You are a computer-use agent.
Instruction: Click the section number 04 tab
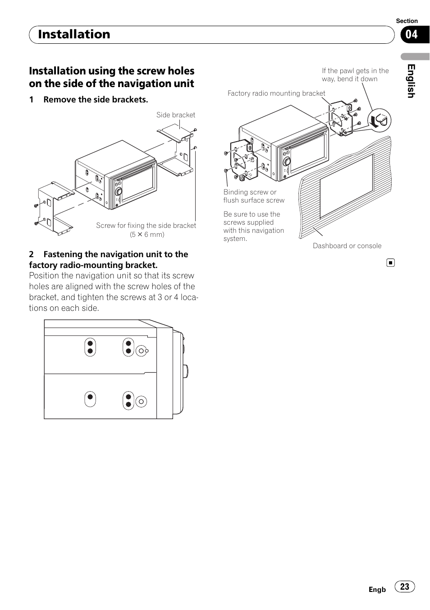[412, 34]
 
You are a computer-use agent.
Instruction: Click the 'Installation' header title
[74, 34]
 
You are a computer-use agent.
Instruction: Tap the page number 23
[405, 586]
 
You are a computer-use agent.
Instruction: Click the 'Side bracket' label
[176, 115]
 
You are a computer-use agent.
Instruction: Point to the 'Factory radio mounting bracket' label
[276, 93]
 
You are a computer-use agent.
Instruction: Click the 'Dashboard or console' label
[347, 246]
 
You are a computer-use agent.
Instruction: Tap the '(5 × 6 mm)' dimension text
[147, 235]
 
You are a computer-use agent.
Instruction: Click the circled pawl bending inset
[379, 120]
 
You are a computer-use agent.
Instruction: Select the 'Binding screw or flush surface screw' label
[254, 196]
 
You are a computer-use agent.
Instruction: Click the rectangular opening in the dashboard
[346, 186]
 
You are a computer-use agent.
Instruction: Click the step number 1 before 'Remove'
[32, 100]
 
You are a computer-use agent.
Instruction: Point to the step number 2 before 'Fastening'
[32, 254]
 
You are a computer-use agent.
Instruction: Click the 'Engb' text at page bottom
[377, 590]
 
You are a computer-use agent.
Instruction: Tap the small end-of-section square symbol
[390, 263]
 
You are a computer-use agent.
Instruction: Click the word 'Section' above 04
[407, 21]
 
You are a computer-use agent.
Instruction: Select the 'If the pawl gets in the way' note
[355, 75]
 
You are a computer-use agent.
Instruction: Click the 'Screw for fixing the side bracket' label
[146, 226]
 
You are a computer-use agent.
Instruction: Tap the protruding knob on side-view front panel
[185, 371]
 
